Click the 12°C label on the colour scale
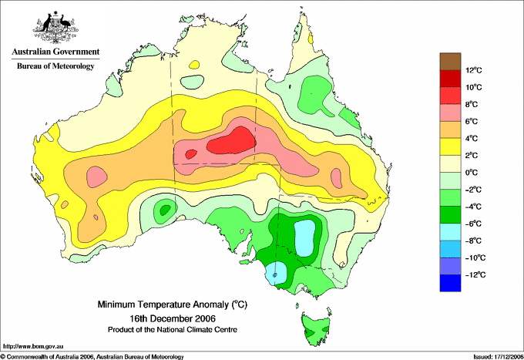coord(474,70)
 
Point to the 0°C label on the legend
coord(472,173)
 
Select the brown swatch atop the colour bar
coord(450,62)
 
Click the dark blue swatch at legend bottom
coord(450,283)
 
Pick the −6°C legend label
coord(473,224)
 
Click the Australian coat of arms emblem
coord(55,28)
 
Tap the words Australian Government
coord(55,52)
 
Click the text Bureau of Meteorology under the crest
coord(55,66)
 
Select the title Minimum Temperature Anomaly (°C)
coord(173,304)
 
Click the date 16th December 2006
coord(173,318)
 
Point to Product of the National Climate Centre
coord(173,330)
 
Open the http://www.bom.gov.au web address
coord(32,347)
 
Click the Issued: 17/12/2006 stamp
coord(498,357)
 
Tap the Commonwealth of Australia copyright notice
coord(92,357)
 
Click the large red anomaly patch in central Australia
coord(232,141)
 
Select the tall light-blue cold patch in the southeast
coord(305,239)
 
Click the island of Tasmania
coord(316,328)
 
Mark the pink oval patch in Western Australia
coord(97,177)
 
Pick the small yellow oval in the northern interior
coord(194,64)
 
